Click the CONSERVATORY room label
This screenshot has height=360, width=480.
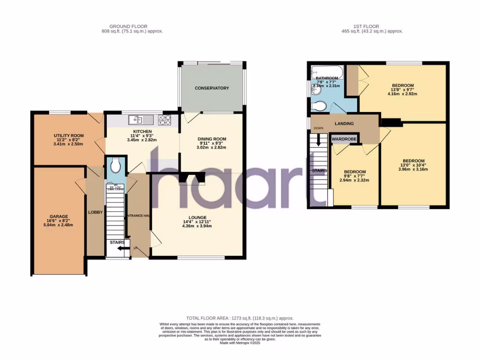point(212,88)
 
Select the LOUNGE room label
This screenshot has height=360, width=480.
point(196,217)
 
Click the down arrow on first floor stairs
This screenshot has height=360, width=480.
point(319,139)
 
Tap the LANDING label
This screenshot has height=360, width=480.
point(344,124)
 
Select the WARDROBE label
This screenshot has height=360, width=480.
point(345,139)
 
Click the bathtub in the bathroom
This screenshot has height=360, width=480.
point(327,72)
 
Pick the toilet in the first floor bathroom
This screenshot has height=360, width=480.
point(316,104)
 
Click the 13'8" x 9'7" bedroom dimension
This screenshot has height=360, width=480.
point(402,90)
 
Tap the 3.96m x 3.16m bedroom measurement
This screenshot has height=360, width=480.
point(412,170)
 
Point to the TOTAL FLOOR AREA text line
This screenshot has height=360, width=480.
point(240,318)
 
